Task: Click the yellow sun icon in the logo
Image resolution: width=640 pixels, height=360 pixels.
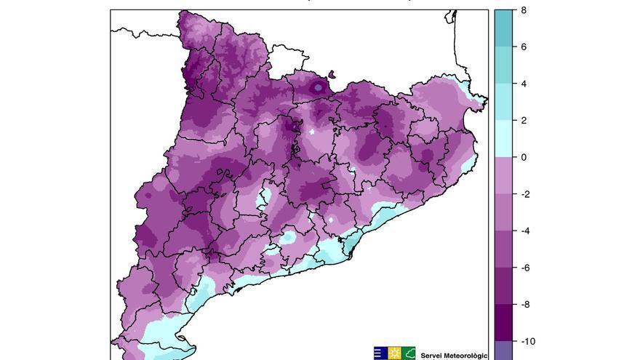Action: pyautogui.click(x=394, y=353)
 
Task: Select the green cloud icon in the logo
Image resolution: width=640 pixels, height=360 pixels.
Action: pyautogui.click(x=409, y=353)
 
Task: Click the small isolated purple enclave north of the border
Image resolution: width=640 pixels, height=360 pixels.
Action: pyautogui.click(x=332, y=73)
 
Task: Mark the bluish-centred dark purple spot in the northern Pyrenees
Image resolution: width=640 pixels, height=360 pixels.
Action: pyautogui.click(x=318, y=87)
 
